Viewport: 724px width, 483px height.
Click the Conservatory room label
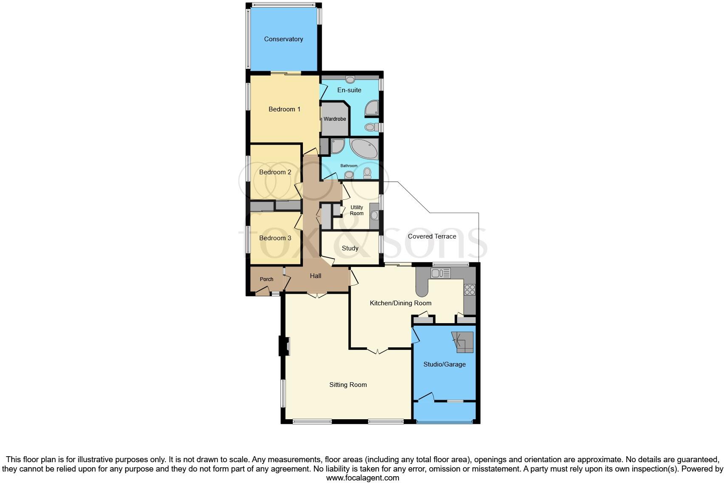coord(283,39)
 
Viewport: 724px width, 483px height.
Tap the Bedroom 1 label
coord(284,109)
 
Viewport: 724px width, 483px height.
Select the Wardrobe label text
coord(335,119)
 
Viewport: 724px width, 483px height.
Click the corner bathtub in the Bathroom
coord(364,148)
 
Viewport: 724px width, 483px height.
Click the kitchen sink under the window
coord(438,273)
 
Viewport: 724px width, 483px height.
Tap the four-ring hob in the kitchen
coord(469,290)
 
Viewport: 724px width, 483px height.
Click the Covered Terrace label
coord(432,236)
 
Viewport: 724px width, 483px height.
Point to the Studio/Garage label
coord(444,364)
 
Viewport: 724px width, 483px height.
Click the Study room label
coord(350,248)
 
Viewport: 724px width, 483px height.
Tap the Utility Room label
coord(356,210)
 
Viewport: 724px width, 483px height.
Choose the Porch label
coord(266,279)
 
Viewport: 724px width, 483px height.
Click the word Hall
coord(315,276)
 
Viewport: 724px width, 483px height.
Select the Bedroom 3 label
coord(275,238)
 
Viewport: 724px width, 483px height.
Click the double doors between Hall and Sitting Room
coord(317,295)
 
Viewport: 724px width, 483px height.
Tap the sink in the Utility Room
coord(374,216)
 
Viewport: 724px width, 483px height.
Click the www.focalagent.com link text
coord(362,477)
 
